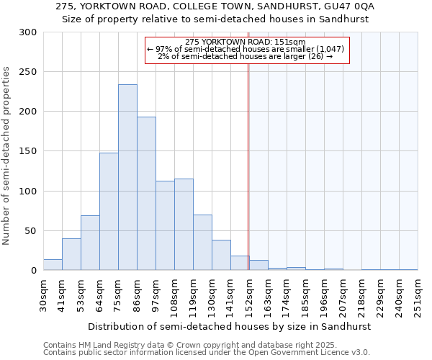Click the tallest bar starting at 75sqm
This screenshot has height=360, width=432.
tap(127, 177)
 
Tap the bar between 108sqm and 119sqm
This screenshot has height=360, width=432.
tap(184, 224)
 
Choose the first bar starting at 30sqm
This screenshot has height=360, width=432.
tap(53, 265)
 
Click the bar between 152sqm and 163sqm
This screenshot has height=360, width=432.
tap(258, 265)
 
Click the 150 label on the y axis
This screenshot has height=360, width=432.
tap(28, 151)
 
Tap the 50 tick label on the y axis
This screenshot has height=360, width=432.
tap(31, 231)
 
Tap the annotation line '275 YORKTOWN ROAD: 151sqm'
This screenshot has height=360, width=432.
tap(245, 42)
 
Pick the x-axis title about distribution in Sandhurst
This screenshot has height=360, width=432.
tap(230, 326)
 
